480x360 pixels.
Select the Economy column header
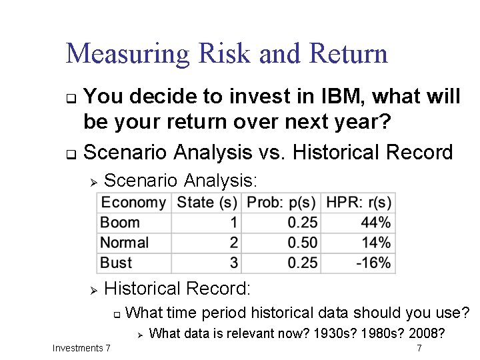click(133, 203)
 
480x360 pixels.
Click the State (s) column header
click(207, 203)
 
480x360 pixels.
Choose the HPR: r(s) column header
click(359, 203)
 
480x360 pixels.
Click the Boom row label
click(120, 223)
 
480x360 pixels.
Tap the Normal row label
click(124, 243)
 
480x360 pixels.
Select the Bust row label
click(116, 263)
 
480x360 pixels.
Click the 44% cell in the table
click(376, 223)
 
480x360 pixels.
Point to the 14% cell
click(376, 243)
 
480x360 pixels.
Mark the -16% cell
click(373, 263)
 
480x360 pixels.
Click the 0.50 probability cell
click(303, 243)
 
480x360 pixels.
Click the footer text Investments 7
click(81, 348)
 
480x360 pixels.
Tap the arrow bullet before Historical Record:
click(94, 289)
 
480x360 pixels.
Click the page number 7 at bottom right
click(419, 348)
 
